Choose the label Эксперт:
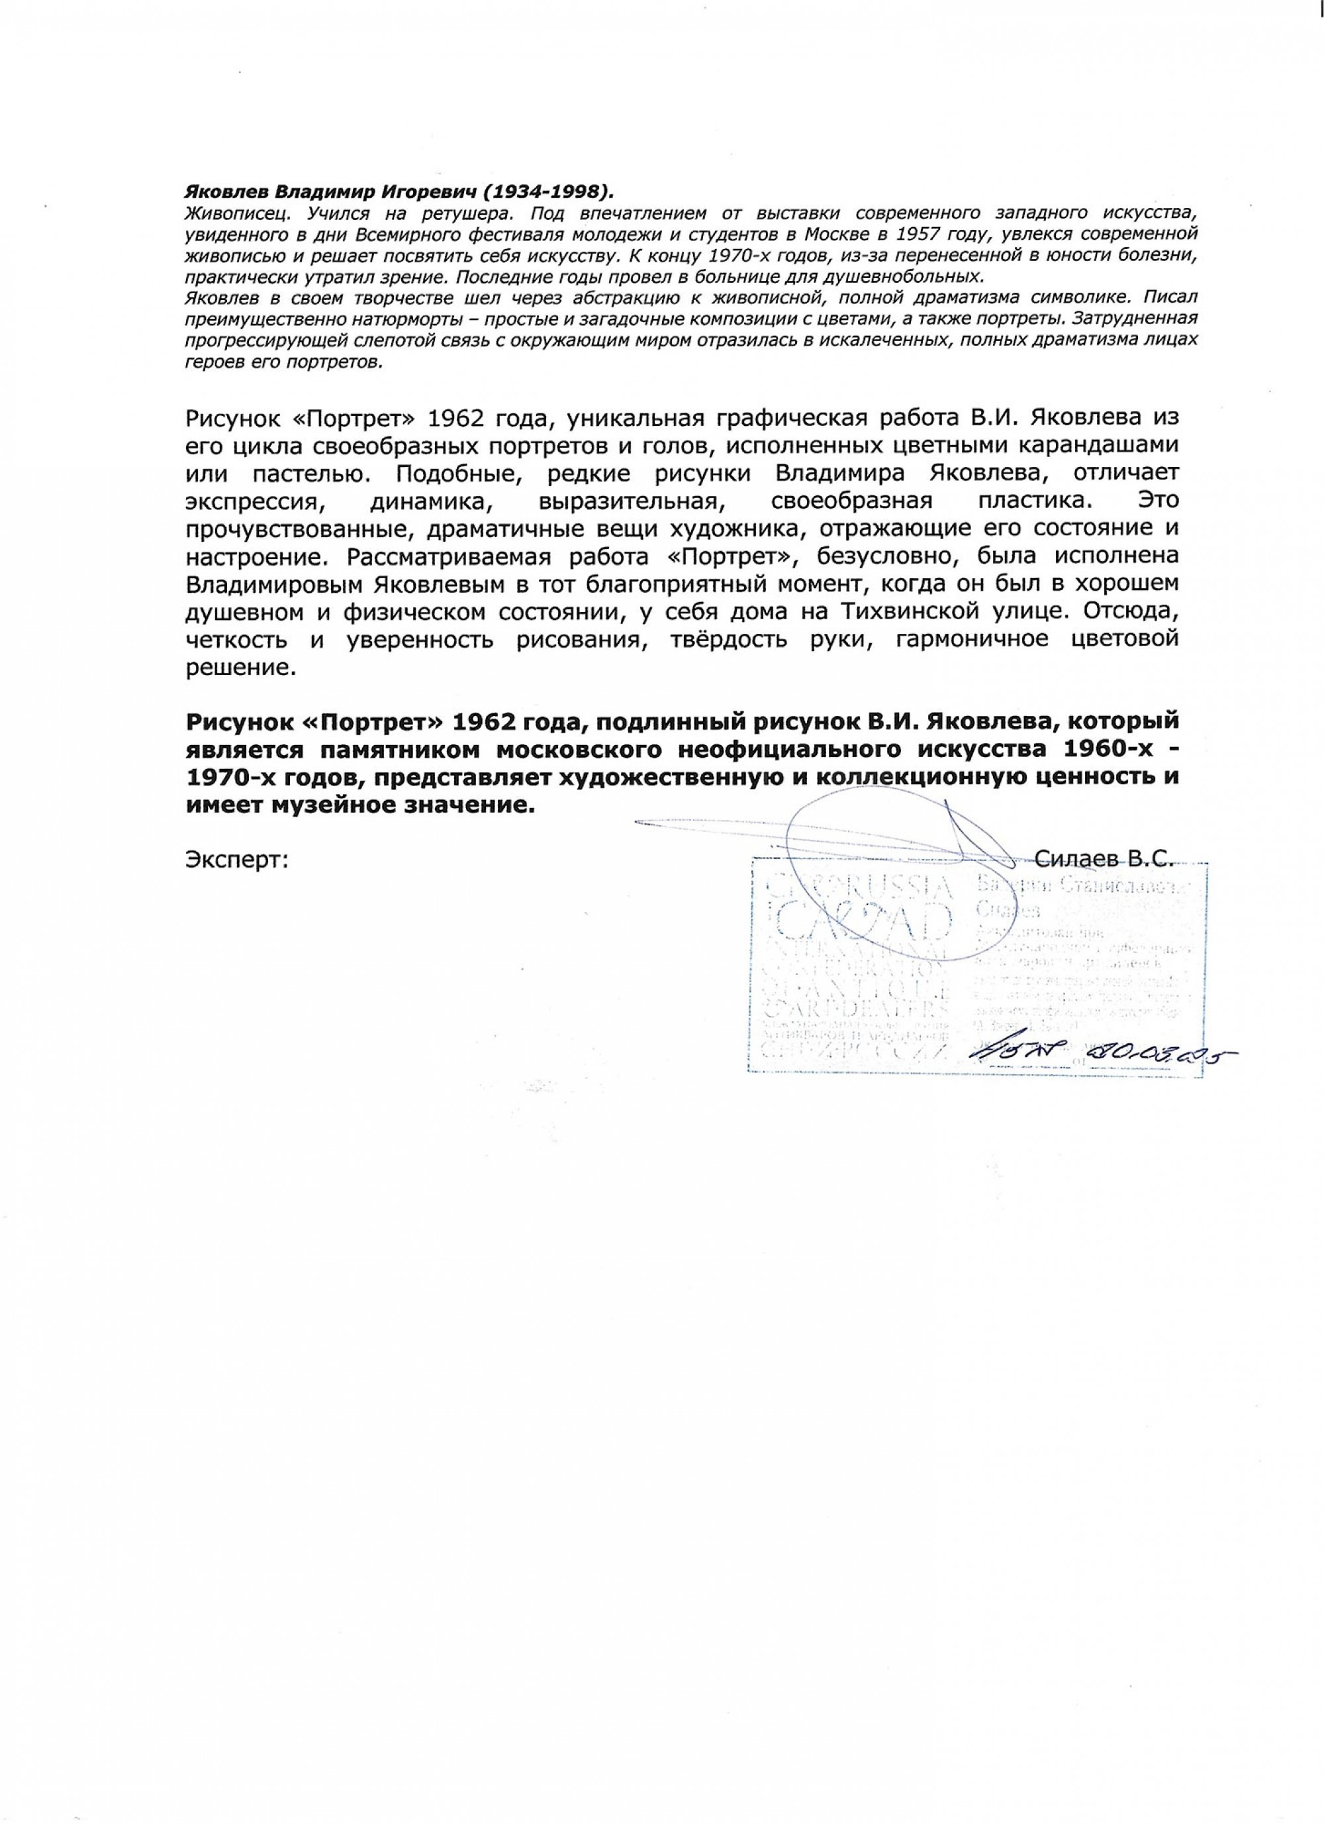[237, 859]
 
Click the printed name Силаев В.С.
[1106, 859]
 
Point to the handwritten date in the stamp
[1158, 1054]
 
